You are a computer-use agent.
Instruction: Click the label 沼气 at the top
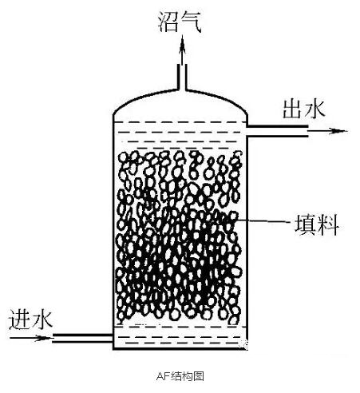click(x=180, y=22)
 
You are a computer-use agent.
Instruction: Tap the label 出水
click(x=304, y=109)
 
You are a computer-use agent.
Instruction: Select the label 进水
click(x=30, y=320)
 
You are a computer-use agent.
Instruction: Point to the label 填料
click(x=317, y=225)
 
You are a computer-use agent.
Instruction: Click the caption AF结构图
click(x=180, y=376)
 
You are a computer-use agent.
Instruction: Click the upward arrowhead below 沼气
click(x=182, y=42)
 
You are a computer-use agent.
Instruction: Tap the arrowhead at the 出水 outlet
click(x=338, y=130)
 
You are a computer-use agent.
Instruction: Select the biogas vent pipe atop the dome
click(x=182, y=77)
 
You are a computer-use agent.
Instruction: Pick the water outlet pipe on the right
click(x=277, y=131)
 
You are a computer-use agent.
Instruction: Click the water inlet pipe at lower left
click(x=82, y=338)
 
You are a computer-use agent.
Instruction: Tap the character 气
click(x=191, y=22)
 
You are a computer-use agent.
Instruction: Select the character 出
click(x=293, y=109)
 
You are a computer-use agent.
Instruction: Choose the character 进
click(x=19, y=320)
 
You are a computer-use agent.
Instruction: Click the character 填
click(x=305, y=225)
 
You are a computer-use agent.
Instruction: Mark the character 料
click(x=328, y=225)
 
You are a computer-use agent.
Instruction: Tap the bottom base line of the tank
click(x=180, y=349)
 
